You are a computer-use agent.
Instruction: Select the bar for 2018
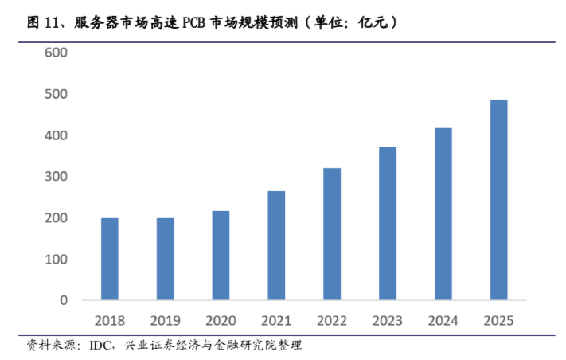click(x=110, y=260)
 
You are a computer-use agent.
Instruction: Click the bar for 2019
click(x=166, y=260)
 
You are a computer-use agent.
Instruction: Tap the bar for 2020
click(x=221, y=256)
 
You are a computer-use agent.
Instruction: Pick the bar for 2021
click(x=276, y=246)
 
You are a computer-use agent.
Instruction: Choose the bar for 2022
click(x=332, y=234)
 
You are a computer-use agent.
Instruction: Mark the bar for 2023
click(x=388, y=224)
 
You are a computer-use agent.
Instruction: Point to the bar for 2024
click(x=443, y=214)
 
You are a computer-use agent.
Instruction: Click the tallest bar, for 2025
click(x=499, y=201)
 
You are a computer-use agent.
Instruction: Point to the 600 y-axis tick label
click(x=57, y=53)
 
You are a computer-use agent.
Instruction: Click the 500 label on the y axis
click(x=57, y=94)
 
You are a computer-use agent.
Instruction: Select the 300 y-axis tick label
click(x=57, y=177)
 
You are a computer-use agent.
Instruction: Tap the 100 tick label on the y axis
click(x=57, y=260)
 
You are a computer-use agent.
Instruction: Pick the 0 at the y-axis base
click(x=64, y=301)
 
